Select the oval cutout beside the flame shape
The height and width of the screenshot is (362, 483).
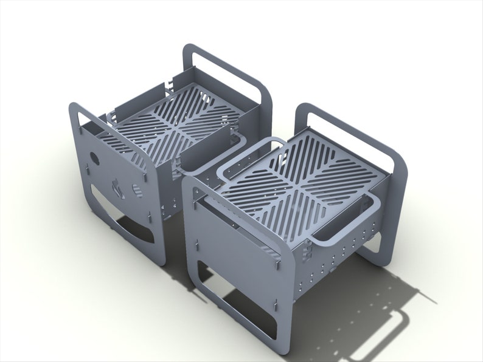[x=137, y=190]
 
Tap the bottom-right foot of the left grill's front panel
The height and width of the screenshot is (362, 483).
[x=159, y=258]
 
